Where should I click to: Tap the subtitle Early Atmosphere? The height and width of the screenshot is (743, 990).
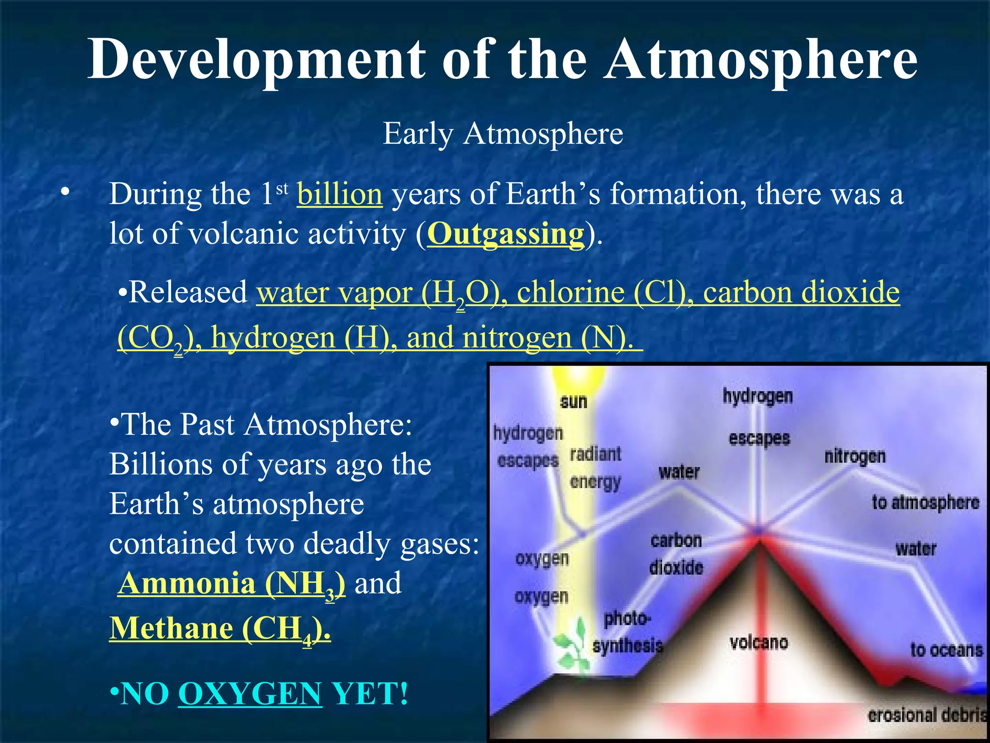pyautogui.click(x=503, y=134)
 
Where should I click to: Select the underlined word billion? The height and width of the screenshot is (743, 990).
pyautogui.click(x=339, y=194)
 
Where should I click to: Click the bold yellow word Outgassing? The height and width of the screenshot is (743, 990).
pyautogui.click(x=506, y=235)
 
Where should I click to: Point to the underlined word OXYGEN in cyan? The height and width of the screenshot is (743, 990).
pyautogui.click(x=250, y=694)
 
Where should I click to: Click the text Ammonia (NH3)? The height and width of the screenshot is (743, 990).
pyautogui.click(x=232, y=584)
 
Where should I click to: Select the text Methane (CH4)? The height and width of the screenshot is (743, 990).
pyautogui.click(x=220, y=629)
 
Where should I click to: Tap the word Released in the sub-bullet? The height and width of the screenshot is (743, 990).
pyautogui.click(x=189, y=293)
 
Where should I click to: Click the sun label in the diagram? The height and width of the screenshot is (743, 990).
pyautogui.click(x=573, y=401)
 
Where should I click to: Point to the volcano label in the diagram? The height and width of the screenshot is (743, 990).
pyautogui.click(x=758, y=642)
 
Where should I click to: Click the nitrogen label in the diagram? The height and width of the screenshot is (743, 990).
pyautogui.click(x=855, y=456)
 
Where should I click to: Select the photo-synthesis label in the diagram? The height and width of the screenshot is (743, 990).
pyautogui.click(x=627, y=632)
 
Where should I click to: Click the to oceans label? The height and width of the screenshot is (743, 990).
pyautogui.click(x=946, y=650)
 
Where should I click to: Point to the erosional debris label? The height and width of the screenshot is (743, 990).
pyautogui.click(x=926, y=715)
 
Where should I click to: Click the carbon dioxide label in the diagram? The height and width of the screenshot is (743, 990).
pyautogui.click(x=676, y=554)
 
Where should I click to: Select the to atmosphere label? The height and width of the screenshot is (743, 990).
pyautogui.click(x=925, y=503)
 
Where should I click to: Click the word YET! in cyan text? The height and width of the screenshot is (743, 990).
pyautogui.click(x=370, y=694)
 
